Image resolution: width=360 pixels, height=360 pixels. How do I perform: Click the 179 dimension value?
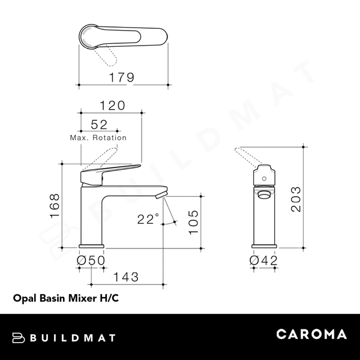(x=122, y=78)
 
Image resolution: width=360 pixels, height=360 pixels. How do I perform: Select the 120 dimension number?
(x=112, y=106)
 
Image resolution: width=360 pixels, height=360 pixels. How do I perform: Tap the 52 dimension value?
(x=99, y=125)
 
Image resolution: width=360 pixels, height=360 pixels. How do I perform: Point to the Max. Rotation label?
(x=98, y=137)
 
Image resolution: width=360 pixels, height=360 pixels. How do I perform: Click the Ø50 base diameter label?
(x=91, y=260)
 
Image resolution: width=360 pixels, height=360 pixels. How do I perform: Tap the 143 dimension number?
(x=127, y=277)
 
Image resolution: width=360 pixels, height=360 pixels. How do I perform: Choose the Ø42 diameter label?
(x=263, y=260)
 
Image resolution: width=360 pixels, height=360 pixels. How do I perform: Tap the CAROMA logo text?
(x=311, y=335)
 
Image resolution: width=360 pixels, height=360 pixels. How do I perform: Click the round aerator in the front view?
(x=263, y=194)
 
